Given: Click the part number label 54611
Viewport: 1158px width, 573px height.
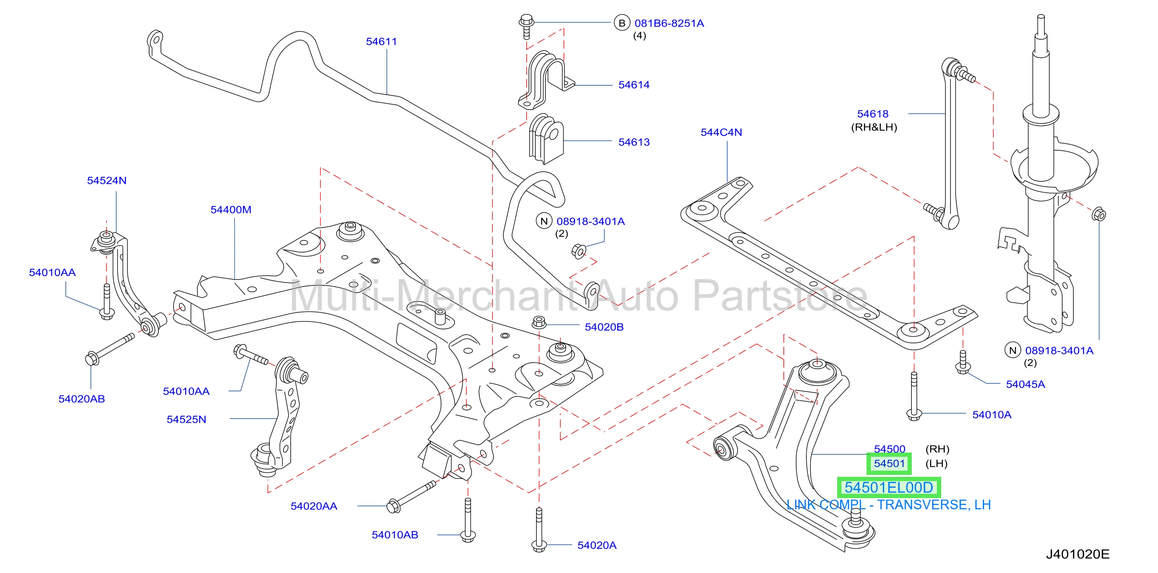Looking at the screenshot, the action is (x=381, y=42).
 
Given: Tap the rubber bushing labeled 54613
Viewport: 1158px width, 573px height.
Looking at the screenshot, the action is (x=546, y=139).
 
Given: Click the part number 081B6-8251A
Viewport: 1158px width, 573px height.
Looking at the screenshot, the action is (x=669, y=23).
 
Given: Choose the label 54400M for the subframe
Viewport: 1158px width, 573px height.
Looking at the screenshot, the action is (x=231, y=210).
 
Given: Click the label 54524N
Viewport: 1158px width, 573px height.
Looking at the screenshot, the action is (x=107, y=181).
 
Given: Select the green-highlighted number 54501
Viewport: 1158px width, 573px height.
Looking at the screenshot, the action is (x=889, y=463).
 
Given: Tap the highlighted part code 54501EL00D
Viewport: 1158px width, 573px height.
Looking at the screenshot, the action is (x=889, y=488).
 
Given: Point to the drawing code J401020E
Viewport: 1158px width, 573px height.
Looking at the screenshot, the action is (x=1078, y=554).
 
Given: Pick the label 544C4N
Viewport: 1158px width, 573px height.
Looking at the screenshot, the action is (x=721, y=132).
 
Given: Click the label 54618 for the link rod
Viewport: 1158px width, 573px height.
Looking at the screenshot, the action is (x=872, y=114).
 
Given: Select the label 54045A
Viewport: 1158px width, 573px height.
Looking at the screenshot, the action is (x=1025, y=385).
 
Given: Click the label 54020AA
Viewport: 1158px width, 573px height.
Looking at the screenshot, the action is (x=314, y=506).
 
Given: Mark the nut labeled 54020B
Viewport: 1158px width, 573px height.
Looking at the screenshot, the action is (x=538, y=322).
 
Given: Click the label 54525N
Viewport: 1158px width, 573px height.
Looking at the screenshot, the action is (x=186, y=419).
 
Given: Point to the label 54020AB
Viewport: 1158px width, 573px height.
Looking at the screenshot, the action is (x=82, y=399).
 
